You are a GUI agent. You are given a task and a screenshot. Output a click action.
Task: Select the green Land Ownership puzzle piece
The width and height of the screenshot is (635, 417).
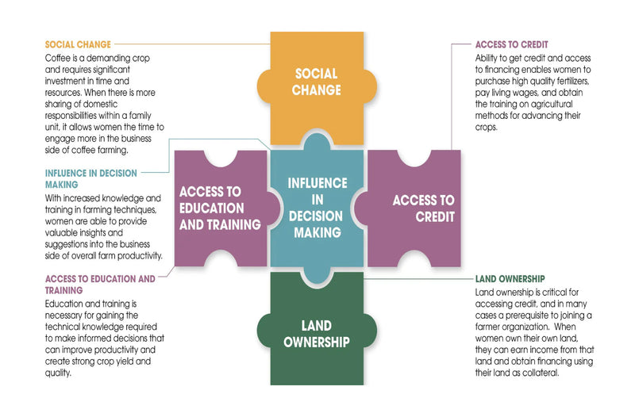(x=317, y=333)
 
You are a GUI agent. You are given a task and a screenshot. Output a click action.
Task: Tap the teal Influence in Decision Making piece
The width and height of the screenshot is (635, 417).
(x=317, y=208)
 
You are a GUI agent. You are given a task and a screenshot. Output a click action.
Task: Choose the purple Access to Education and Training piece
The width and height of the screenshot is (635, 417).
(x=220, y=208)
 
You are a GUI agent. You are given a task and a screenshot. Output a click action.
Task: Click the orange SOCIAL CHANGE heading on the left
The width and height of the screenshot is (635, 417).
(x=78, y=44)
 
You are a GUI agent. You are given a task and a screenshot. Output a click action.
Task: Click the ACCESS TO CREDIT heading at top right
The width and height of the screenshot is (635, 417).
(x=512, y=44)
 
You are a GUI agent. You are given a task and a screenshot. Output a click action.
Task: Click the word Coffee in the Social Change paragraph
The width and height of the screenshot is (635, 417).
(x=60, y=58)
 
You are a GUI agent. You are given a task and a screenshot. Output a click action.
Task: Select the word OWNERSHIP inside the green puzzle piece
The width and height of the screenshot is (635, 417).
(x=316, y=342)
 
